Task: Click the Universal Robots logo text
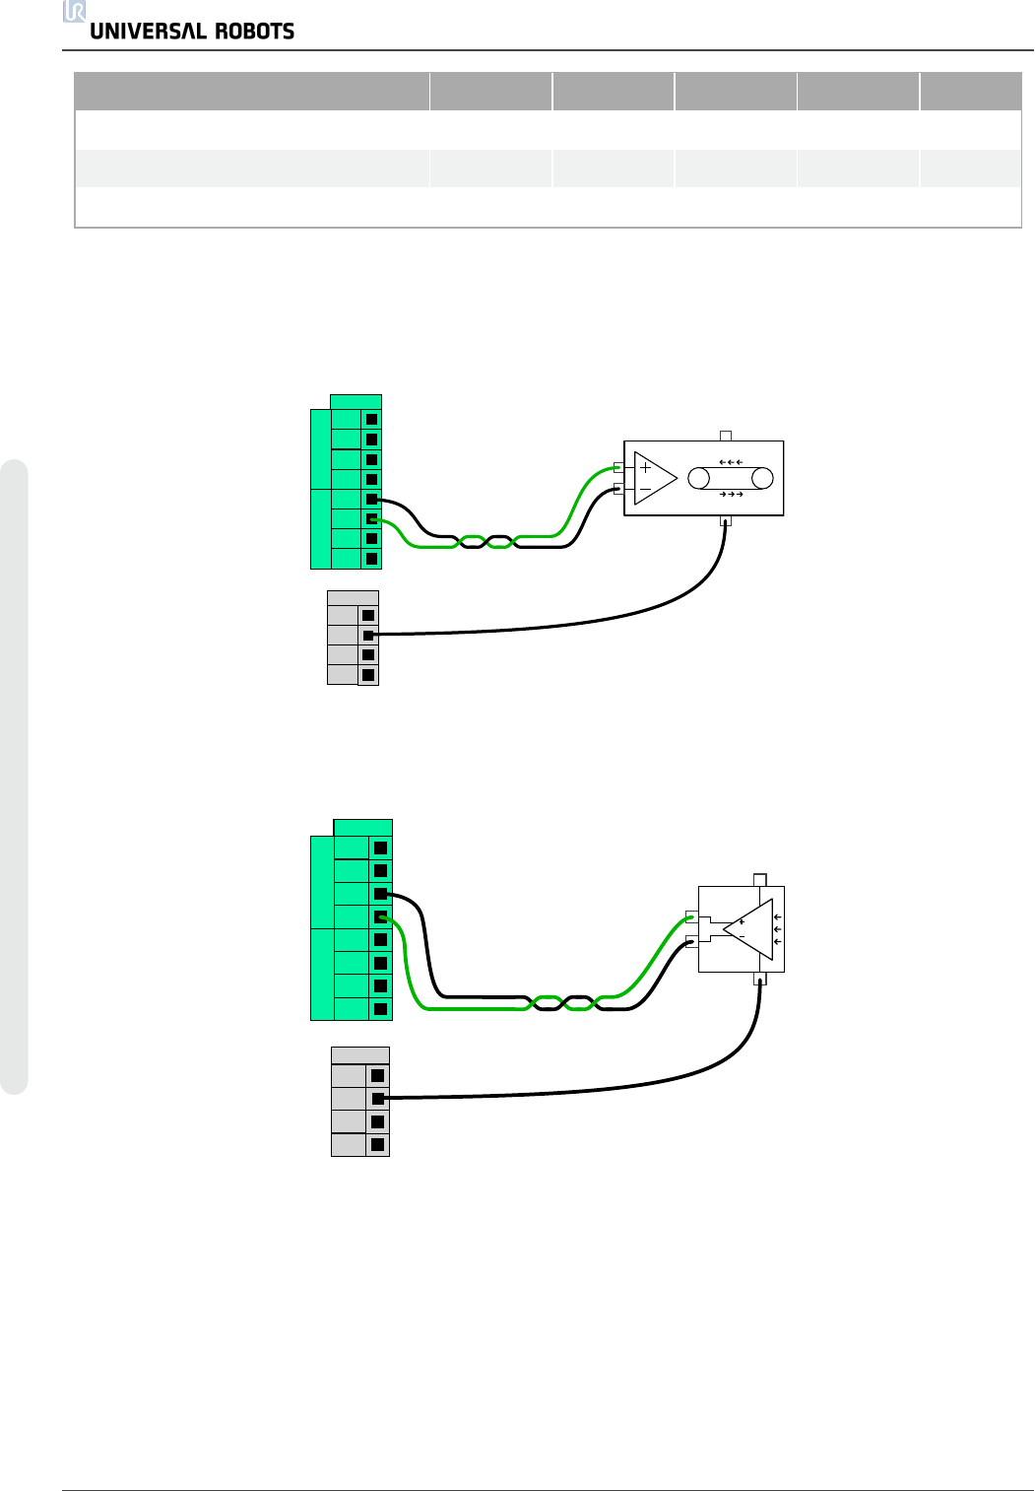pyautogui.click(x=192, y=32)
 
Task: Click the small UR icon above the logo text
pyautogui.click(x=75, y=11)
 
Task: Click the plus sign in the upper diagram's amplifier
pyautogui.click(x=646, y=468)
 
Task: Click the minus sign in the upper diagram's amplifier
pyautogui.click(x=646, y=489)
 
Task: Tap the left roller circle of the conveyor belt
pyautogui.click(x=699, y=479)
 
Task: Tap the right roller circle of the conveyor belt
pyautogui.click(x=762, y=479)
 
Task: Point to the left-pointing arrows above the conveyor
pyautogui.click(x=731, y=462)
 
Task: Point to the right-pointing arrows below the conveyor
pyautogui.click(x=731, y=494)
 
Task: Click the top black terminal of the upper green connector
pyautogui.click(x=371, y=420)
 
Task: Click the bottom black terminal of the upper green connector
pyautogui.click(x=371, y=559)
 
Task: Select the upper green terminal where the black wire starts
pyautogui.click(x=371, y=500)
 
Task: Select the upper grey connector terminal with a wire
pyautogui.click(x=368, y=636)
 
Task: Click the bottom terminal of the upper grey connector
pyautogui.click(x=368, y=675)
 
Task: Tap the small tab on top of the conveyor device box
pyautogui.click(x=726, y=435)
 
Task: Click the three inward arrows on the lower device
pyautogui.click(x=778, y=929)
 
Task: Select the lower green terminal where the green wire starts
pyautogui.click(x=380, y=917)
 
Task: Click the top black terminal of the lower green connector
pyautogui.click(x=380, y=847)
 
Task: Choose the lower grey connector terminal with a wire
pyautogui.click(x=377, y=1098)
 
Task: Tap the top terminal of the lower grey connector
pyautogui.click(x=377, y=1076)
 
